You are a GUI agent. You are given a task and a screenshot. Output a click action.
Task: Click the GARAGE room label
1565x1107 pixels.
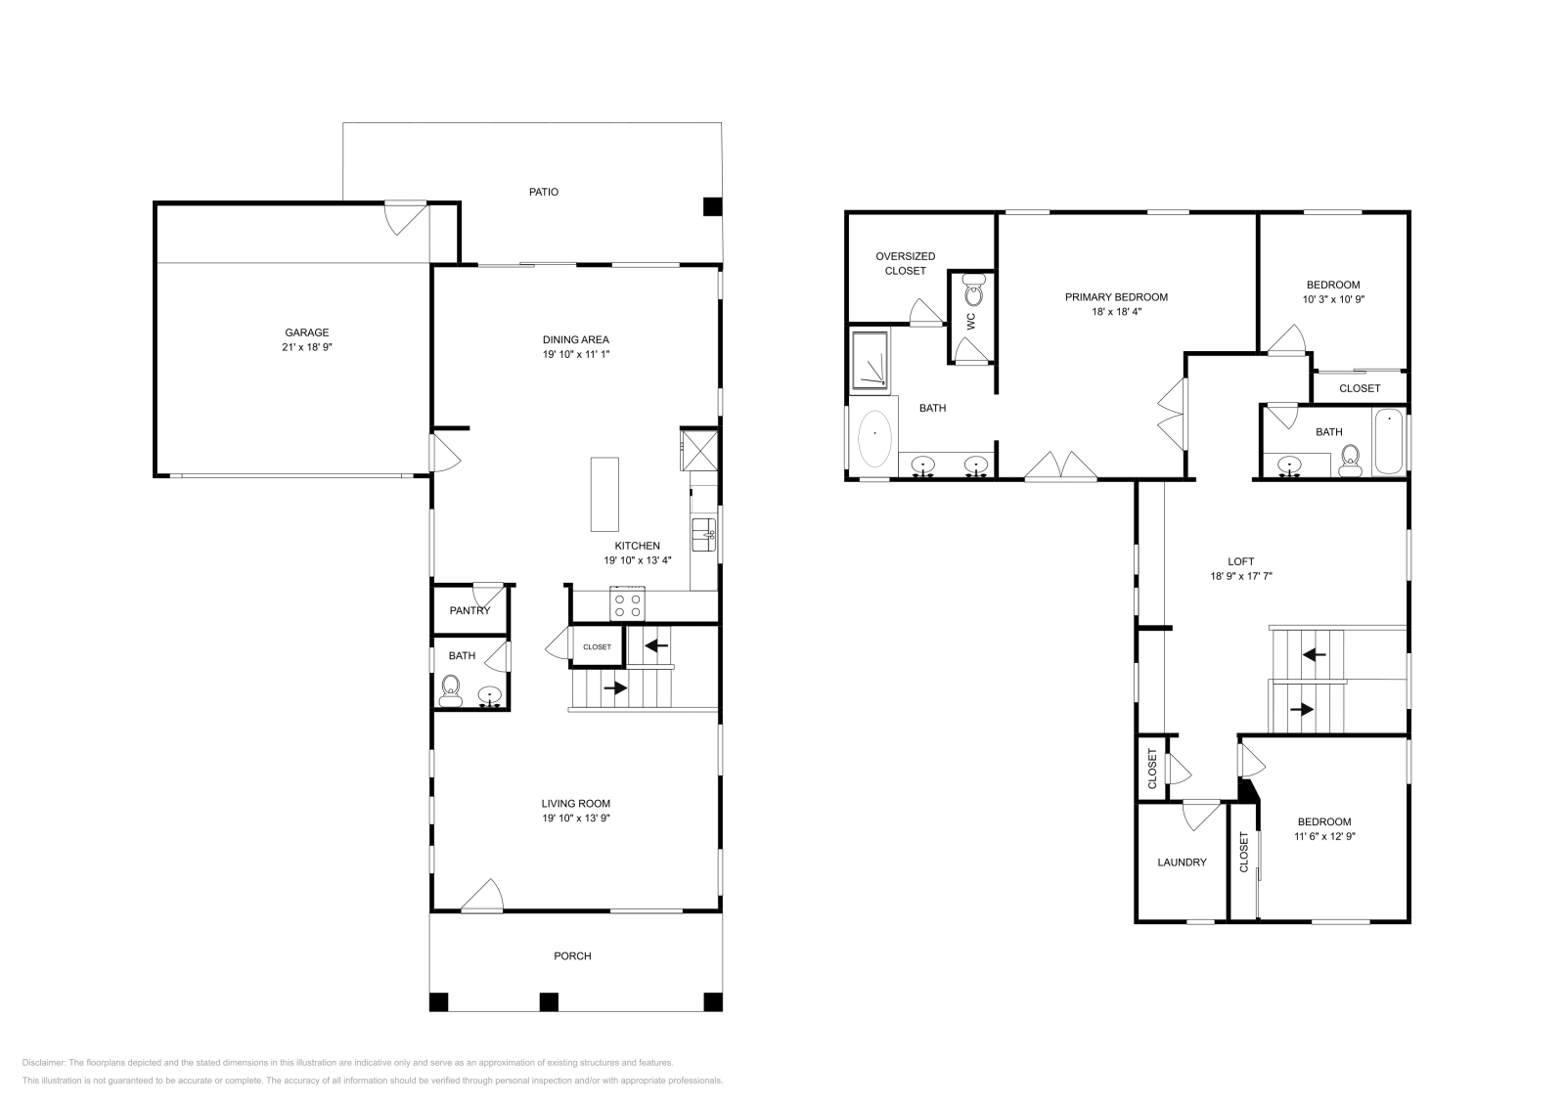[306, 332]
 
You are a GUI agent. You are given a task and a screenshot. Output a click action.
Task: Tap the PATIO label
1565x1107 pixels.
[544, 192]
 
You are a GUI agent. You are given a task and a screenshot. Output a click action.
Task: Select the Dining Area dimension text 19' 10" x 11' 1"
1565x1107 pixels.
[576, 354]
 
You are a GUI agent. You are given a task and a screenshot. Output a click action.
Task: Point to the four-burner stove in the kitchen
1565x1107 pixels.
[627, 604]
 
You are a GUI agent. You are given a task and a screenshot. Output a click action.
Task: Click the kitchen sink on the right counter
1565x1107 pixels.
[704, 534]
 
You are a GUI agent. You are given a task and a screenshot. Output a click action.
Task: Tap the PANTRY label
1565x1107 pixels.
[469, 611]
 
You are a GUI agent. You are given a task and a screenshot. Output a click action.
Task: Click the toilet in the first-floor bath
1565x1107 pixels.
[451, 690]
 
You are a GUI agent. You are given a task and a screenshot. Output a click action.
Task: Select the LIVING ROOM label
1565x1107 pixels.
[576, 804]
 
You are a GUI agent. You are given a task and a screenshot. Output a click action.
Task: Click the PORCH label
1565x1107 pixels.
[572, 956]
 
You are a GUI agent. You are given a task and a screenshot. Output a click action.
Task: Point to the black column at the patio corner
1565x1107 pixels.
[712, 206]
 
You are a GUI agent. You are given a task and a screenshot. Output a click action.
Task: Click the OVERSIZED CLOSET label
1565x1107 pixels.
[905, 263]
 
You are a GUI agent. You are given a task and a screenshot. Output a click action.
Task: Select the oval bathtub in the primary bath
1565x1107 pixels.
[874, 439]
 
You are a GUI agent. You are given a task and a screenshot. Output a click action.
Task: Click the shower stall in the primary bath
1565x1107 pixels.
[871, 360]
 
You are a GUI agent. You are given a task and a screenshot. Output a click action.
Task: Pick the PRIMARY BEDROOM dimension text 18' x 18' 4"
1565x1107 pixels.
[1116, 312]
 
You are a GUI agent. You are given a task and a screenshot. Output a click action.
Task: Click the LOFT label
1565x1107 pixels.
[1240, 561]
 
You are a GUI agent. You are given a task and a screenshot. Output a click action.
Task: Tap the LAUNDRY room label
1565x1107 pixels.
[1182, 863]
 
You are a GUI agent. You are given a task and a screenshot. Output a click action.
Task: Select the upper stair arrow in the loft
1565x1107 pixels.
[1314, 653]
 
